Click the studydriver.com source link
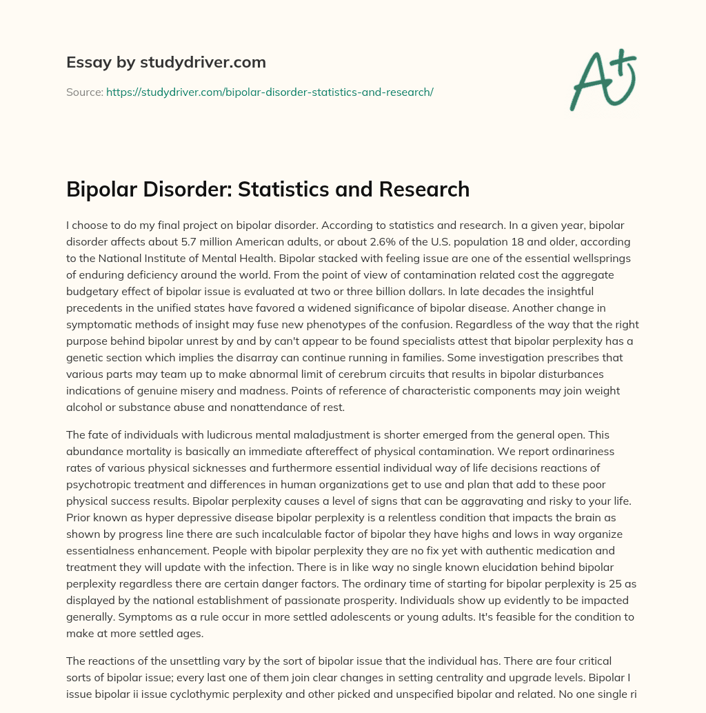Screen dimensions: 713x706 (x=270, y=92)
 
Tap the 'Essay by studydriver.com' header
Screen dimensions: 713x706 (x=166, y=62)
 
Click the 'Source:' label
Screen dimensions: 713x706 (x=84, y=92)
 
